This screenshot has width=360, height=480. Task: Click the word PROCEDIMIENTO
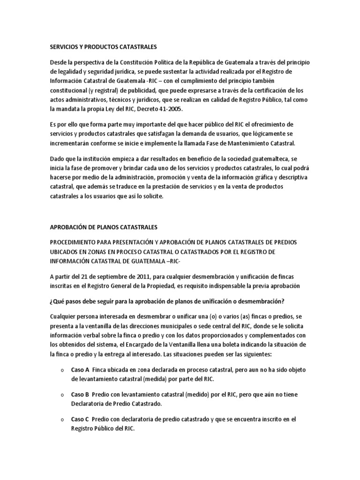pos(75,242)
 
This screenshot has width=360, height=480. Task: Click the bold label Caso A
pos(80,369)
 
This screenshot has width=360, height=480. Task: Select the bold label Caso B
pos(80,394)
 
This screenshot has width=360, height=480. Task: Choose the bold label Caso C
pos(80,419)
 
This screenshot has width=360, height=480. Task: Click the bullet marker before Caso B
pos(62,395)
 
